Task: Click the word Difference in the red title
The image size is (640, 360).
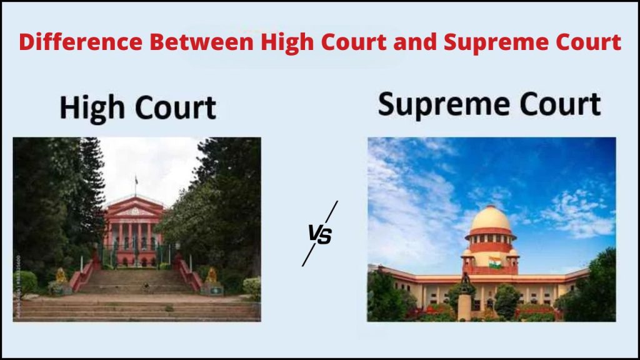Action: click(81, 42)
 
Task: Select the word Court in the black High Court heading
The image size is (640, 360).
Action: click(176, 108)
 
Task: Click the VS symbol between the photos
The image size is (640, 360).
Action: click(320, 234)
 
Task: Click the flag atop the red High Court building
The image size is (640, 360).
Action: click(136, 180)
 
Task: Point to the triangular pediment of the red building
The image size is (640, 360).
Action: click(135, 209)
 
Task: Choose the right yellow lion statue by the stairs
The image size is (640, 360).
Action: click(211, 276)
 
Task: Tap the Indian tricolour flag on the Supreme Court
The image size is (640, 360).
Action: click(495, 262)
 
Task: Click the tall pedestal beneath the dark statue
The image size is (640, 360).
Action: click(464, 307)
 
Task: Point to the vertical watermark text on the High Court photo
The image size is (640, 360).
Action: click(18, 286)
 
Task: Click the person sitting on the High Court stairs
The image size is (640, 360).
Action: click(146, 288)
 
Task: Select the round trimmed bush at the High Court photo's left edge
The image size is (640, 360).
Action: click(25, 282)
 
